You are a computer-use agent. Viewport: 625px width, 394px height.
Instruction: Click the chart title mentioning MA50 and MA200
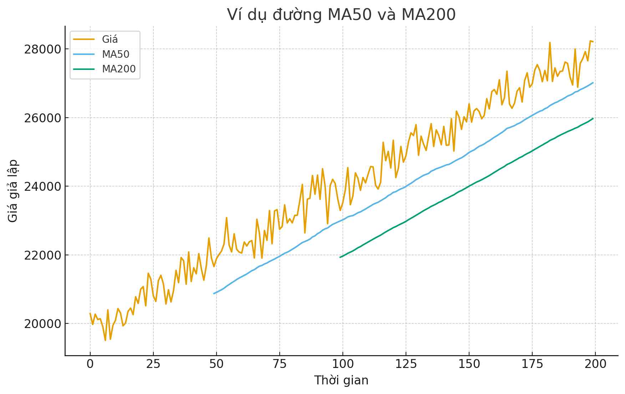[x=341, y=15]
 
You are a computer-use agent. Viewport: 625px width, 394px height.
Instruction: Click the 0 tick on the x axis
[x=90, y=364]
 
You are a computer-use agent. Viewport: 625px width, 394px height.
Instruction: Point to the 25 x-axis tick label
[x=153, y=364]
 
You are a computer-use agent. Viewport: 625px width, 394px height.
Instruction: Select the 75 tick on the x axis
[x=280, y=364]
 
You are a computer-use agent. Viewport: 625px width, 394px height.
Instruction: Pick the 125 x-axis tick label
[x=406, y=364]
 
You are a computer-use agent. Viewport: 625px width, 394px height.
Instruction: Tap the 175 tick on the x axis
[x=532, y=364]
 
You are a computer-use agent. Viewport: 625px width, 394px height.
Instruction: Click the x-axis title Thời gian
[x=341, y=380]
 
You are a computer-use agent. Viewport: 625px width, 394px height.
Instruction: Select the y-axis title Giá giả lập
[x=13, y=191]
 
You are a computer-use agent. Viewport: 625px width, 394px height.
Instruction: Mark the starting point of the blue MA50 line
[x=214, y=293]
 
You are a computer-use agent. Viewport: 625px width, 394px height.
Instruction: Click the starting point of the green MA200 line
[x=340, y=257]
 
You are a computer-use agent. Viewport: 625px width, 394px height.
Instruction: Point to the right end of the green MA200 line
[x=593, y=118]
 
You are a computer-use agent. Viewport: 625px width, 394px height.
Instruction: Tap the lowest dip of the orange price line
[x=105, y=340]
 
